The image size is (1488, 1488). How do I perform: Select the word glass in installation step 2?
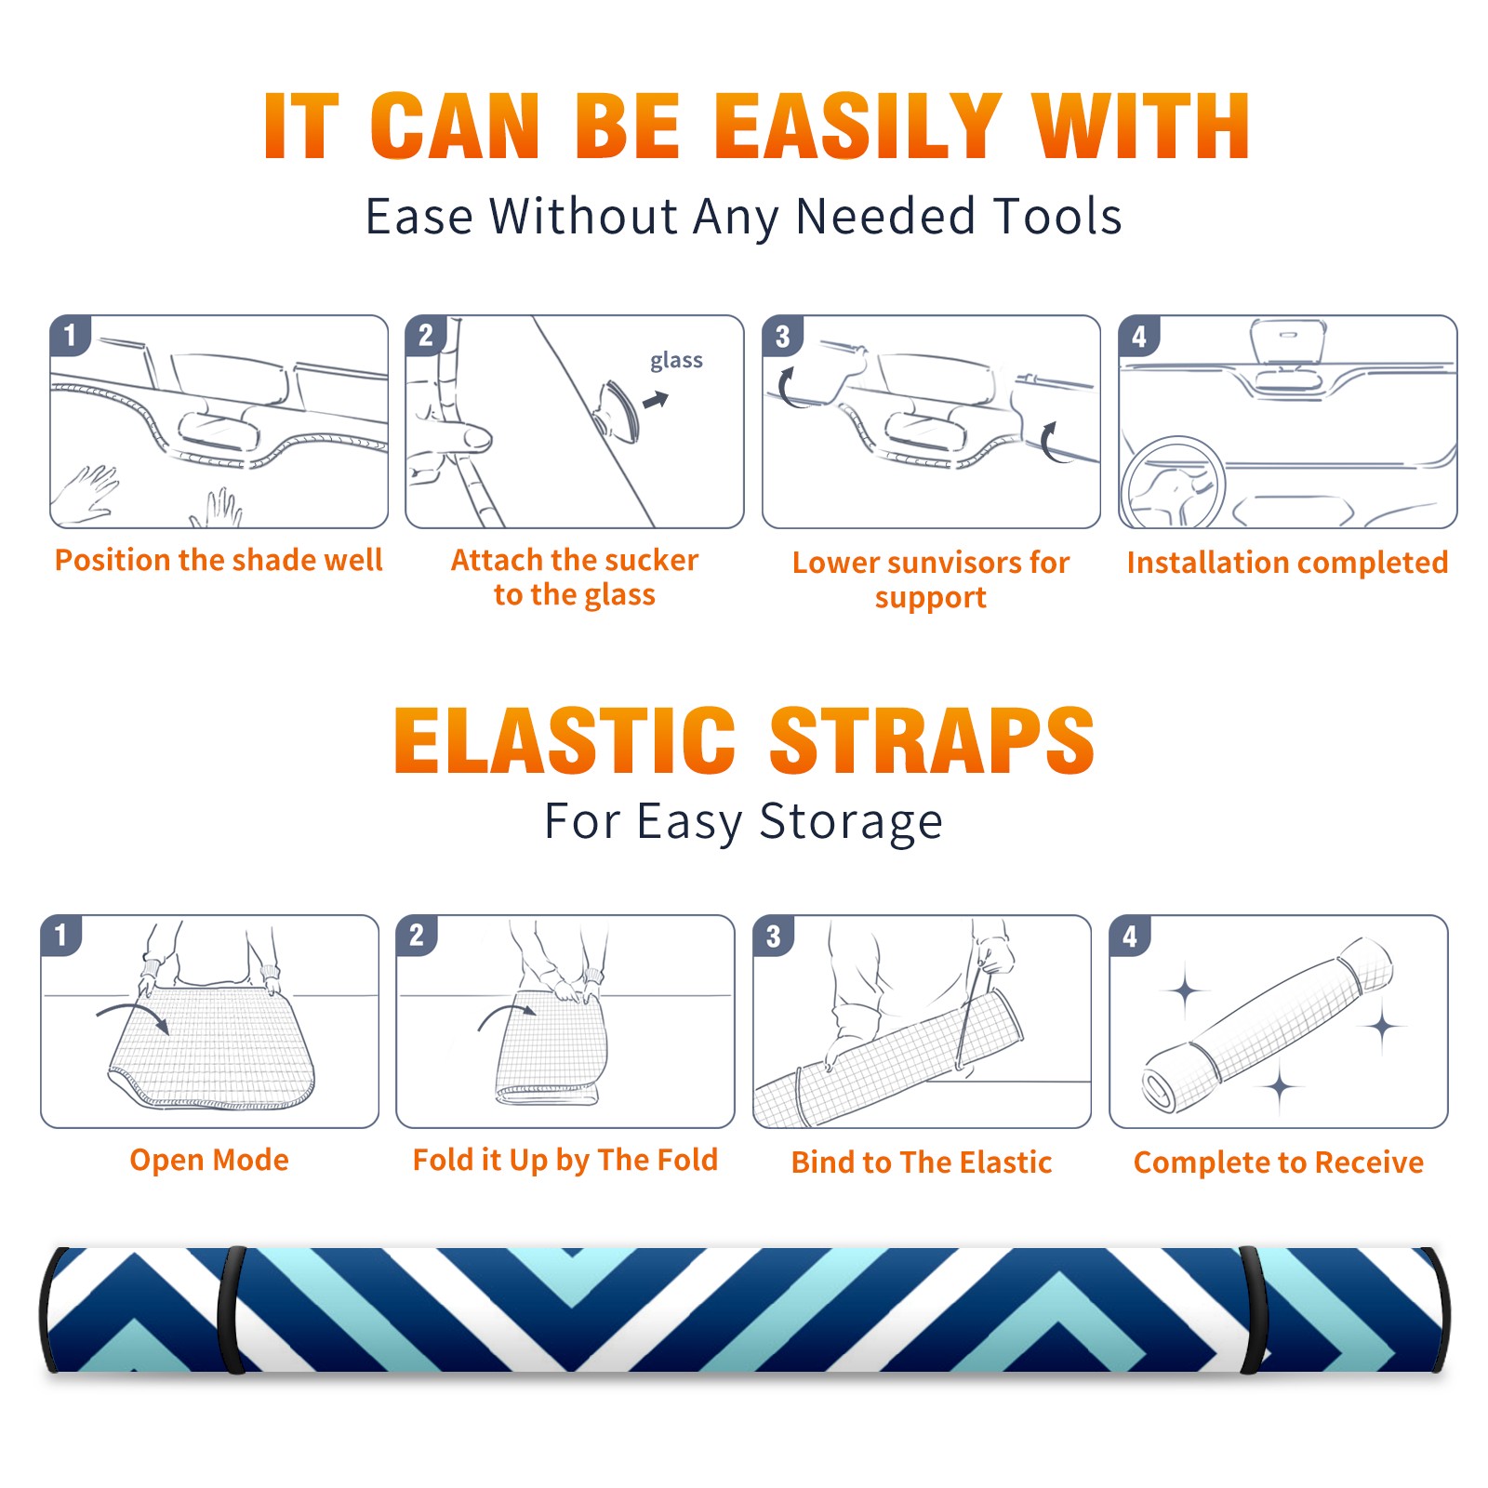point(676,361)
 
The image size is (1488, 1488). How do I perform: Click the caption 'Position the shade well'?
point(219,560)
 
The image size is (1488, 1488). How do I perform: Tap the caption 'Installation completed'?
point(1287,563)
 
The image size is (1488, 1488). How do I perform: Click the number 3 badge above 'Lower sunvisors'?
point(782,337)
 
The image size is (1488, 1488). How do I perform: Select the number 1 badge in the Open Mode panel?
point(61,936)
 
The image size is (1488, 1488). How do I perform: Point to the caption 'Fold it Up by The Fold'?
point(565,1161)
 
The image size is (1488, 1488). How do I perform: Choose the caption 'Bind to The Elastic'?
point(922,1162)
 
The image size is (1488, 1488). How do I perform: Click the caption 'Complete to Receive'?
point(1279,1162)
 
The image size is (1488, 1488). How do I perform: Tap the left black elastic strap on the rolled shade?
point(232,1309)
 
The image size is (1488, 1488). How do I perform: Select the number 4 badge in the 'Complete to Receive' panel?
point(1130,936)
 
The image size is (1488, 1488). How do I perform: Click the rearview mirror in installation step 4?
point(1287,341)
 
